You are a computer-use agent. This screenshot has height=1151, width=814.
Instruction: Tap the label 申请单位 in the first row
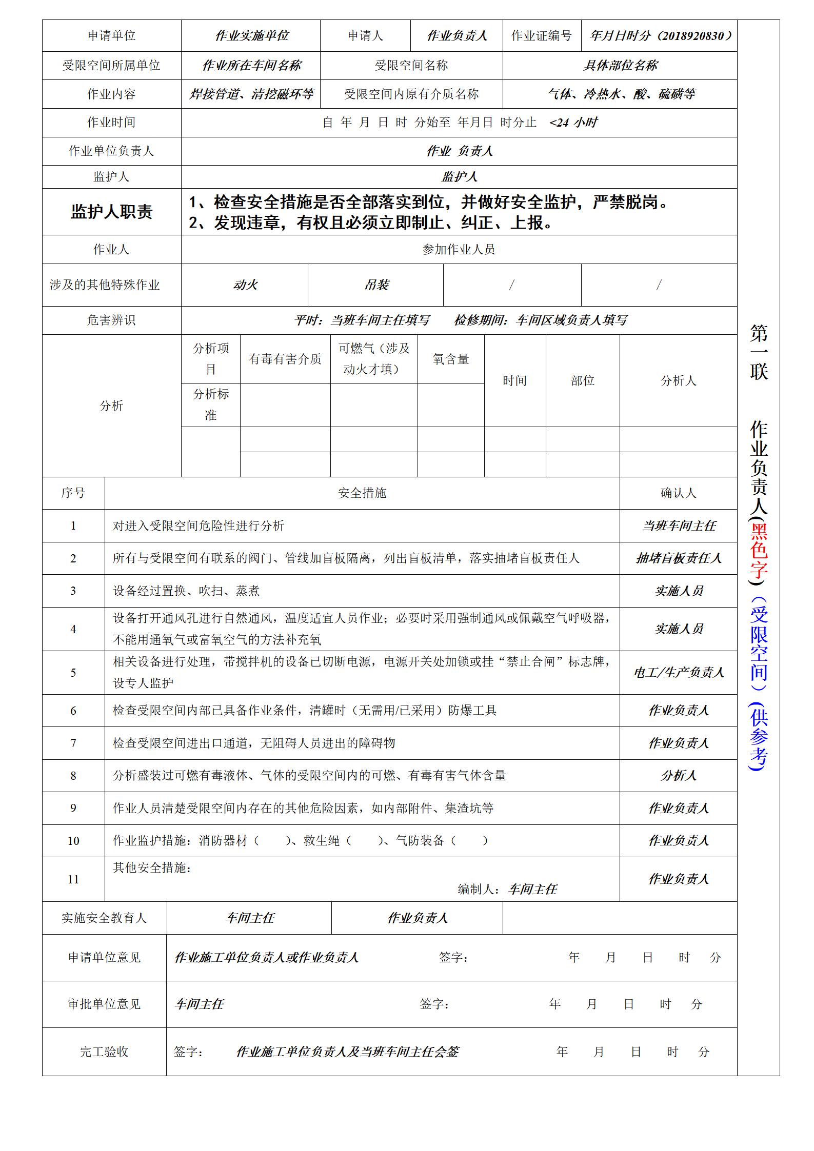pyautogui.click(x=111, y=35)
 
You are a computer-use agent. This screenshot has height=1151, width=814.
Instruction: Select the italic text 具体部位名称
pyautogui.click(x=620, y=66)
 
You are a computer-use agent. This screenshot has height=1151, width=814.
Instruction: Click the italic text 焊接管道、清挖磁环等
pyautogui.click(x=251, y=94)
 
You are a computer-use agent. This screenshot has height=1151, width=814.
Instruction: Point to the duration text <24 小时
pyautogui.click(x=573, y=123)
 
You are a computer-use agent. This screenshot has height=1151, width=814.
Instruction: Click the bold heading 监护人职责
pyautogui.click(x=111, y=212)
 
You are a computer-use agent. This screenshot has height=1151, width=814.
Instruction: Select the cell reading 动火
pyautogui.click(x=245, y=285)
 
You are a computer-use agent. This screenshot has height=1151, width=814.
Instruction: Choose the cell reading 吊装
pyautogui.click(x=376, y=285)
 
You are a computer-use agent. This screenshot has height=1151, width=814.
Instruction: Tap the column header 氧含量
pyautogui.click(x=451, y=359)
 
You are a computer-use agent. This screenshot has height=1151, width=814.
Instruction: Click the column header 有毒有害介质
pyautogui.click(x=285, y=359)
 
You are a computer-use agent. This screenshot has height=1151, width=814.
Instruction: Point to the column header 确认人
pyautogui.click(x=678, y=493)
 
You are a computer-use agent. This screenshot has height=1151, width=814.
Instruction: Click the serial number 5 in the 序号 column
pyautogui.click(x=73, y=673)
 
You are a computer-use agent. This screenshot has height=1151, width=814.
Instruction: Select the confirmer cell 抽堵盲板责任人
pyautogui.click(x=678, y=558)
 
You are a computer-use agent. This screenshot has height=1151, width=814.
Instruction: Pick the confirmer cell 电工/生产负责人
pyautogui.click(x=678, y=673)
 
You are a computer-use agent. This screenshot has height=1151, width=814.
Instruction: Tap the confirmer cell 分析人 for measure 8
pyautogui.click(x=678, y=776)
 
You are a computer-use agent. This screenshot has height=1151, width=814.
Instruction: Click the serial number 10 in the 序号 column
pyautogui.click(x=73, y=841)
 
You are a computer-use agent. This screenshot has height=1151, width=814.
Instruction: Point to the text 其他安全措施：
pyautogui.click(x=152, y=867)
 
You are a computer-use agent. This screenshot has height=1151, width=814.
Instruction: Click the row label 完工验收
pyautogui.click(x=104, y=1052)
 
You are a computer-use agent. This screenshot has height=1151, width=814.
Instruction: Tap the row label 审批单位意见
pyautogui.click(x=104, y=1004)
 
